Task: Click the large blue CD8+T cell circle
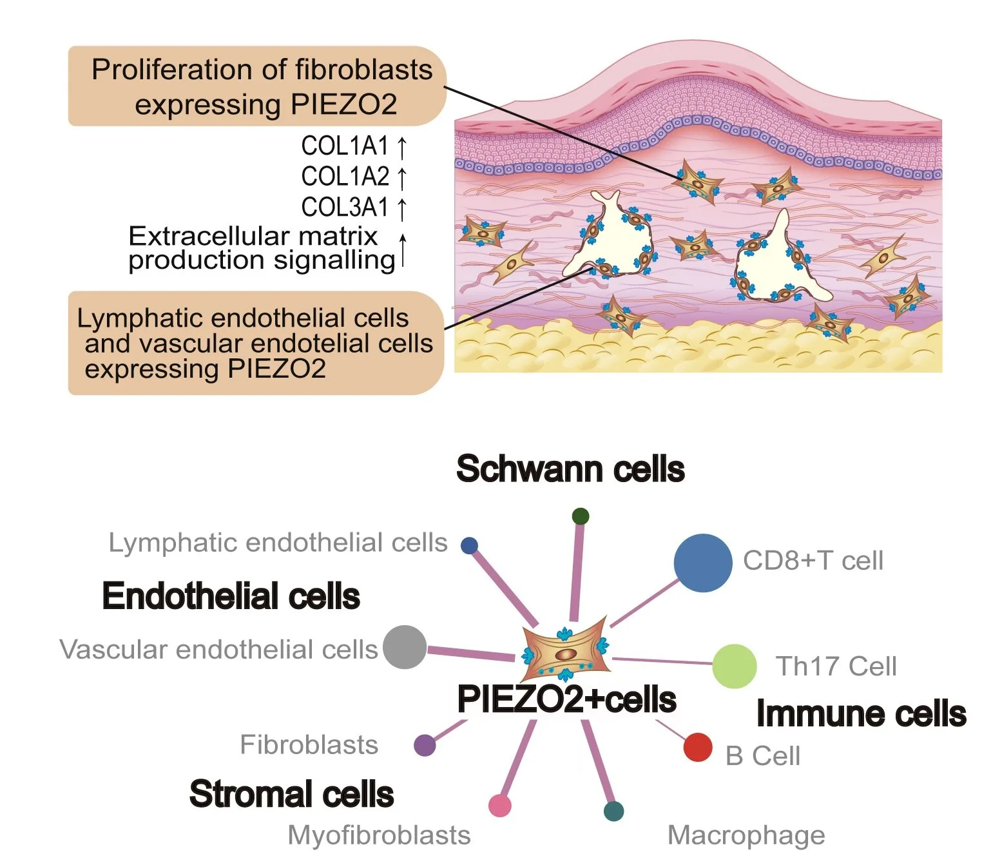pyautogui.click(x=703, y=563)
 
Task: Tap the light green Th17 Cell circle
pyautogui.click(x=734, y=666)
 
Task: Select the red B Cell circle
pyautogui.click(x=697, y=747)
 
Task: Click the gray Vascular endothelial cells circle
pyautogui.click(x=405, y=647)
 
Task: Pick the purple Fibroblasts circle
pyautogui.click(x=425, y=745)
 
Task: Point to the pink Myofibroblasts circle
pyautogui.click(x=500, y=805)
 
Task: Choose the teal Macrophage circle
pyautogui.click(x=614, y=811)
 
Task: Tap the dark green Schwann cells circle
pyautogui.click(x=580, y=516)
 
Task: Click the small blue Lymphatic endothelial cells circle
pyautogui.click(x=469, y=546)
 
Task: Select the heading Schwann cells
pyautogui.click(x=570, y=469)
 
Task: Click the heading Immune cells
pyautogui.click(x=861, y=713)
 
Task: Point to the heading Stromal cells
pyautogui.click(x=291, y=793)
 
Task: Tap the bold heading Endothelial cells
pyautogui.click(x=231, y=596)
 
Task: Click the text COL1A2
pyautogui.click(x=345, y=176)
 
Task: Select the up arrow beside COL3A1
pyautogui.click(x=402, y=208)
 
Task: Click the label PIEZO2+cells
pyautogui.click(x=566, y=699)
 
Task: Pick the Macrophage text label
pyautogui.click(x=746, y=835)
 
